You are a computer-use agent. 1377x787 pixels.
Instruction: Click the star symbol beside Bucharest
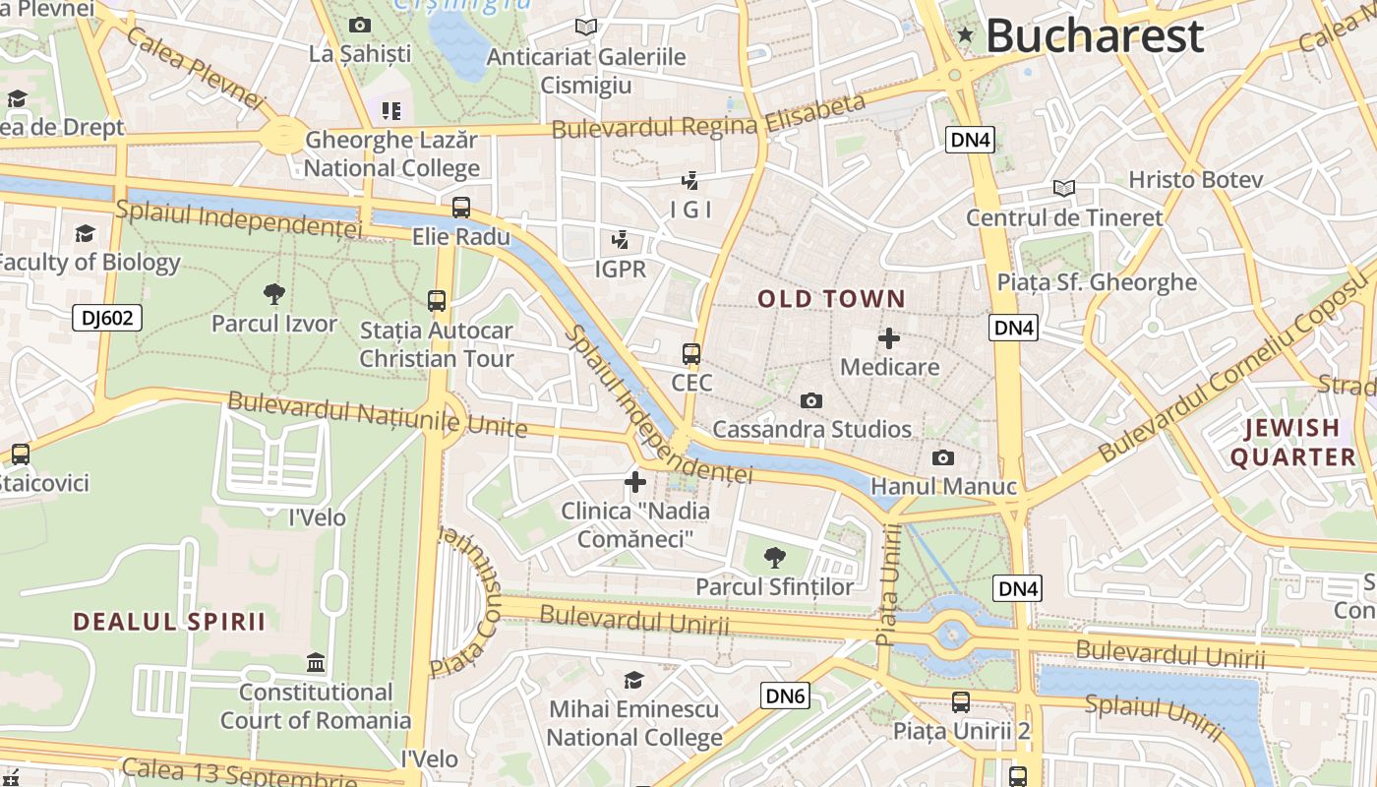click(x=965, y=36)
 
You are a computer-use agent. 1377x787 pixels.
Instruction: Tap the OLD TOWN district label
click(x=831, y=299)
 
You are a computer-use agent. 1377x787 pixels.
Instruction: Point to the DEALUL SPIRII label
click(x=170, y=622)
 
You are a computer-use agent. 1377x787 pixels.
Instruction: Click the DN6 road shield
click(x=786, y=696)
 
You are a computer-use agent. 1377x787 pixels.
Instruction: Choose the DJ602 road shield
click(x=107, y=318)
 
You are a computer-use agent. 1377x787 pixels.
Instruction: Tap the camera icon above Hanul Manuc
click(x=942, y=458)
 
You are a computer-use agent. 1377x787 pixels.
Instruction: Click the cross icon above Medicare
click(x=889, y=339)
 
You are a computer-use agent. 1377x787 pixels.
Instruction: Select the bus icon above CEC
click(x=691, y=354)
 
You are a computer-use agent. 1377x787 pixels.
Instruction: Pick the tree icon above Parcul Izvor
click(x=274, y=293)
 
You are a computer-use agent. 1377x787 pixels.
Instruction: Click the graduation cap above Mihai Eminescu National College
click(x=634, y=681)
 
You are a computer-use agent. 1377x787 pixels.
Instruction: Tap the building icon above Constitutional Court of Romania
click(x=316, y=663)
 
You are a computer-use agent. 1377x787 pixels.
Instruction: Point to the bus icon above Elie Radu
click(x=460, y=208)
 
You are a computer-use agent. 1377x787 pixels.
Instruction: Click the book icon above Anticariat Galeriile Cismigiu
click(x=586, y=28)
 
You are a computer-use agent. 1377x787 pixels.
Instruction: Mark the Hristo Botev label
click(x=1195, y=180)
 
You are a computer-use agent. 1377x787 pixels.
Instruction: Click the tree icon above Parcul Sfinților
click(x=775, y=558)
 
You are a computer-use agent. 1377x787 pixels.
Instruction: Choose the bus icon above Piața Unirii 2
click(x=961, y=702)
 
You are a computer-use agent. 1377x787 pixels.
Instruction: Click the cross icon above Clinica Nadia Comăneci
click(x=635, y=482)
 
